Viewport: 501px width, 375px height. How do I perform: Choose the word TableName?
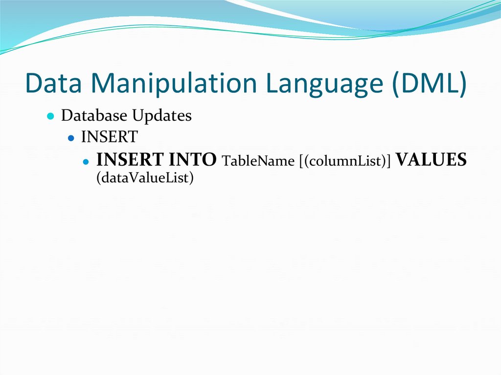tap(257, 161)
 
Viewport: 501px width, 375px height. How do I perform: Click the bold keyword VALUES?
tap(431, 160)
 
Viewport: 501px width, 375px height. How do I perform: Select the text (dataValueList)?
tap(145, 178)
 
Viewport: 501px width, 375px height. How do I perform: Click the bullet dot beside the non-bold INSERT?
tap(71, 138)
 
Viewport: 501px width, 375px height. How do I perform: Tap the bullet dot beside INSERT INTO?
tap(86, 161)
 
